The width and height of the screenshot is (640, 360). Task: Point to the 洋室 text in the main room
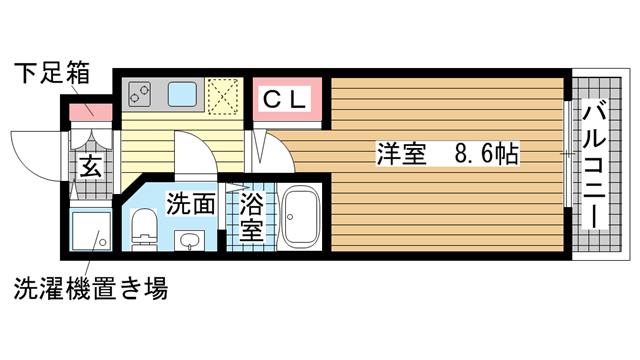click(x=401, y=154)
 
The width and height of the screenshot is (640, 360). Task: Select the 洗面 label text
click(x=190, y=203)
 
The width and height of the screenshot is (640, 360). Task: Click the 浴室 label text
click(x=253, y=216)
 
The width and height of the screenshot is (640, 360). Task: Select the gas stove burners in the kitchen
click(x=141, y=97)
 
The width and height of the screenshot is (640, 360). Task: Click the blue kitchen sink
click(x=183, y=96)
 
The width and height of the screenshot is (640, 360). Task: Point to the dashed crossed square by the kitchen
click(x=224, y=97)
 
